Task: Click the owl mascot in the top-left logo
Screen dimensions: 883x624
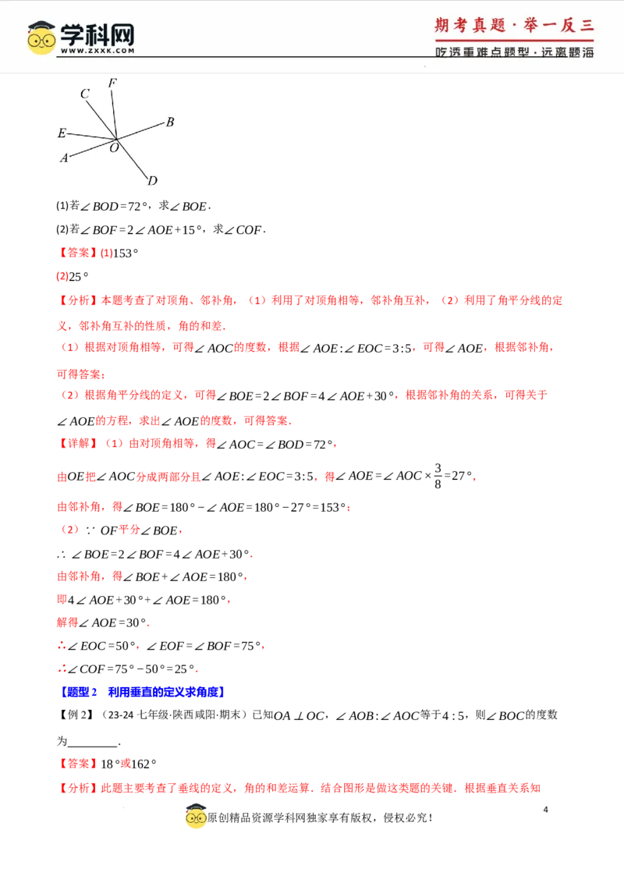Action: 41,37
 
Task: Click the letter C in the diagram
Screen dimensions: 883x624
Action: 84,94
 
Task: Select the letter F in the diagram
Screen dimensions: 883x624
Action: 112,83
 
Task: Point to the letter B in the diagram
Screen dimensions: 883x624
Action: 169,122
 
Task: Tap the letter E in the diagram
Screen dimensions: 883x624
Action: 62,133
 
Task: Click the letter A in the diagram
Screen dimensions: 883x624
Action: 64,158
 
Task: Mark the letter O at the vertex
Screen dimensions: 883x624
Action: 114,147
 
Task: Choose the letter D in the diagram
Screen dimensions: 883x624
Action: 152,181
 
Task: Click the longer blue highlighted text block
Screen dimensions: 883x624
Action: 165,693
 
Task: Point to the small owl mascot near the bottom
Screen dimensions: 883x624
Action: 196,816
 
